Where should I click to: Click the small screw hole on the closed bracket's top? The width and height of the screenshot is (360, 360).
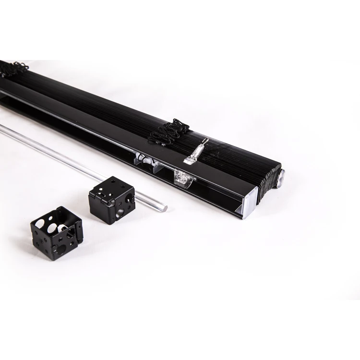point(117,183)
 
